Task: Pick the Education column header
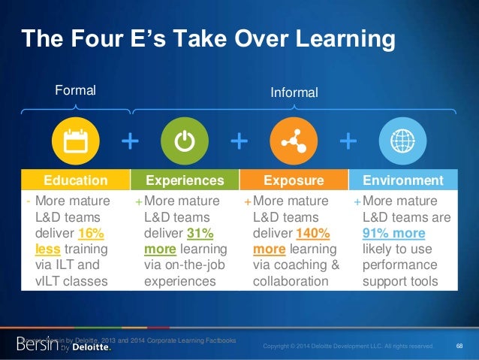click(x=75, y=180)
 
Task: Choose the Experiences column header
click(x=185, y=180)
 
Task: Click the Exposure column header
click(x=294, y=180)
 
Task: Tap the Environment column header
click(x=403, y=180)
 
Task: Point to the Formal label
click(x=76, y=91)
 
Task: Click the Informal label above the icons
click(x=294, y=92)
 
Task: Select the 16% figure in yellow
click(x=96, y=232)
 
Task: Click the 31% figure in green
click(x=200, y=232)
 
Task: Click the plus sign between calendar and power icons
click(x=130, y=141)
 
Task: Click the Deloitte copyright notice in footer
click(x=348, y=346)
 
